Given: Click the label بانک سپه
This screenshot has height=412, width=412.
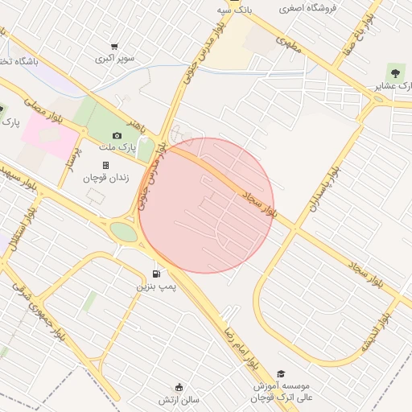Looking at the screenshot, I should [x=235, y=10].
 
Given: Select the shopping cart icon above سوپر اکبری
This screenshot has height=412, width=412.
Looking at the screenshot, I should [x=115, y=47].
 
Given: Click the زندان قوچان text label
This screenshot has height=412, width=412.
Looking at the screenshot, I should [x=105, y=178].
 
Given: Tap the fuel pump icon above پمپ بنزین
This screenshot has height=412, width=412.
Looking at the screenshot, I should [x=155, y=272].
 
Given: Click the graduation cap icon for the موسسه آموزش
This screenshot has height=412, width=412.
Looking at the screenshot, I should [x=281, y=373].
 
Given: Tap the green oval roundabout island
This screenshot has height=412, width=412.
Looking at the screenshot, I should [x=123, y=232].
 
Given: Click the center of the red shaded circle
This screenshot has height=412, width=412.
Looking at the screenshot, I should [x=206, y=205].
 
